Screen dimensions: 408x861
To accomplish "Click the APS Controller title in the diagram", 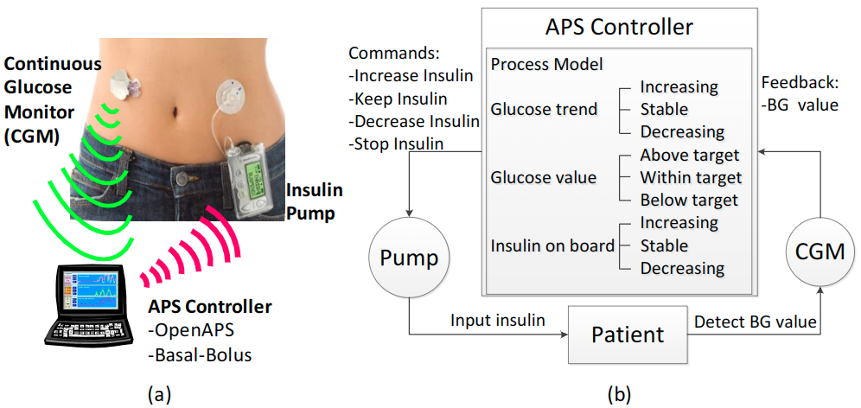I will point(619,27).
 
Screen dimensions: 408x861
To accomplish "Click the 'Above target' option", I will point(689,156).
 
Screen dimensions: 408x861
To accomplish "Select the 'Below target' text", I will point(689,201).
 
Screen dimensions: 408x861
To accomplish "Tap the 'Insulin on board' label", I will point(552,245).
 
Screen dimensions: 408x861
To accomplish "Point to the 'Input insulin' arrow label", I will point(496,321).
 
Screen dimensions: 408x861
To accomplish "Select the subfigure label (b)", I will point(618,393).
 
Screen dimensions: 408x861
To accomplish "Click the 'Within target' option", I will point(691,178).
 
